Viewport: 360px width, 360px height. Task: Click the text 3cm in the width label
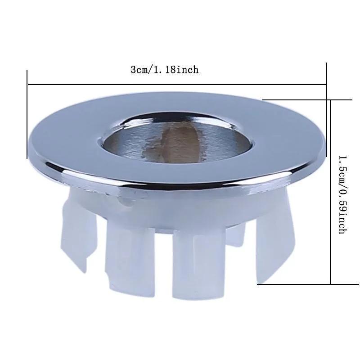click(x=140, y=70)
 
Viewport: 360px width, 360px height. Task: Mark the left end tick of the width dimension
click(x=27, y=114)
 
